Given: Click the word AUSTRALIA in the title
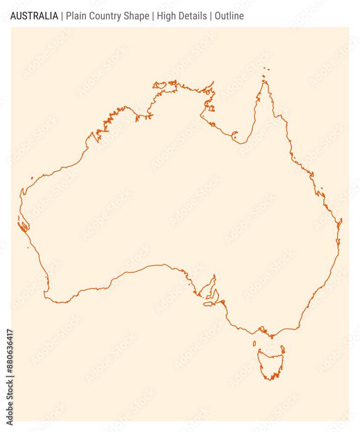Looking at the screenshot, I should [34, 16].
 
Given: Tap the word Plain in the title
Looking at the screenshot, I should [76, 16].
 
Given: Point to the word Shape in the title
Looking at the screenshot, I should [137, 16].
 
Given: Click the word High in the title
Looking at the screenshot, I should [166, 16].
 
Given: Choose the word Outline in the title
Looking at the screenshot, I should [229, 16].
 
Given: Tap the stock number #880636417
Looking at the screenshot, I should [10, 350].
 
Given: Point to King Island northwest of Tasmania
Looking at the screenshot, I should [254, 344].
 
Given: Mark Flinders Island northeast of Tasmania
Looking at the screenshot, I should [283, 348].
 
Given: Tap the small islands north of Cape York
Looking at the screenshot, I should [266, 69].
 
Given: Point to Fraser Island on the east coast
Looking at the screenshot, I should [341, 222].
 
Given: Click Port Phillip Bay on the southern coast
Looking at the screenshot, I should [261, 330].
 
